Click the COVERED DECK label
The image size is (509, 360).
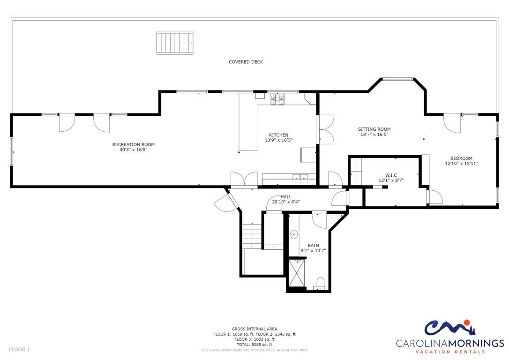tap(246, 62)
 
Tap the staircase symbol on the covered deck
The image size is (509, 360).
tap(175, 43)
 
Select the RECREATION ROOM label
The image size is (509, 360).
tap(134, 144)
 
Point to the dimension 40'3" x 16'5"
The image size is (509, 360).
tap(134, 150)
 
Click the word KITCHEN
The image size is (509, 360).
tap(278, 135)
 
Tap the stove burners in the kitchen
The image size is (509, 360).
tap(277, 99)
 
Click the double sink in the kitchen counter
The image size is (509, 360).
tap(300, 177)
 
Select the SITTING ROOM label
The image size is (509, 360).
tap(374, 129)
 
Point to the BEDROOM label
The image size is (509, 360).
tap(461, 158)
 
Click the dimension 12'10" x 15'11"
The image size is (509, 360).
tap(461, 164)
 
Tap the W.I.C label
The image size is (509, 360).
tap(391, 175)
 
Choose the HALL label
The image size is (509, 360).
tap(286, 197)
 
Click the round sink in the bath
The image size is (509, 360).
tap(294, 234)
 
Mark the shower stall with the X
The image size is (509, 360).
tap(297, 272)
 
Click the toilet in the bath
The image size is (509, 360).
tap(321, 283)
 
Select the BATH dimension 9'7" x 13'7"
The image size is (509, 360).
tap(313, 251)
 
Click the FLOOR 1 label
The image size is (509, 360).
tap(19, 350)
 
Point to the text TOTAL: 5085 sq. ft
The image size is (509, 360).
tap(254, 345)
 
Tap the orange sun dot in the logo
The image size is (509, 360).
tap(467, 322)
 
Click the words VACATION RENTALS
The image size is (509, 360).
tap(450, 352)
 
